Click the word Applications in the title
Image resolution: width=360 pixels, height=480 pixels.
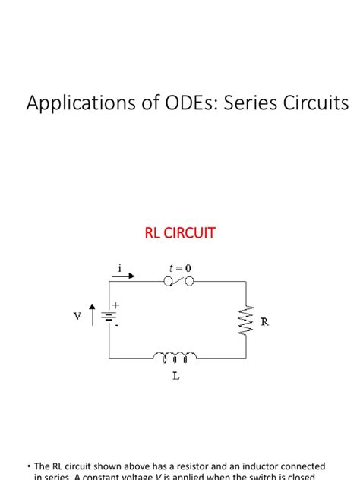point(70,103)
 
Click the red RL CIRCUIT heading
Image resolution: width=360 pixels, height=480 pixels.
point(180,233)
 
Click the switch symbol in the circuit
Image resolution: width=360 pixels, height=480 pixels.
point(179,281)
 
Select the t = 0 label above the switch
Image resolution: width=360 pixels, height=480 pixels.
point(179,267)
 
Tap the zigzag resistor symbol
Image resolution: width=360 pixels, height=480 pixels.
point(246,321)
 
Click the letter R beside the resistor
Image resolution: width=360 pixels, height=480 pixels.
point(264,322)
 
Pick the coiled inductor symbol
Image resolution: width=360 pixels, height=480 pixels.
point(175,355)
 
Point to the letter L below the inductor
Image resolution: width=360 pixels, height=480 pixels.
point(175,376)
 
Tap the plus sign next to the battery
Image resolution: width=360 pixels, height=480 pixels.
point(116,305)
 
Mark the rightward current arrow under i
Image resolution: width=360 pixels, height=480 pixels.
point(125,276)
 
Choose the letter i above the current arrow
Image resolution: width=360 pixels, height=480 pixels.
point(119,267)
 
